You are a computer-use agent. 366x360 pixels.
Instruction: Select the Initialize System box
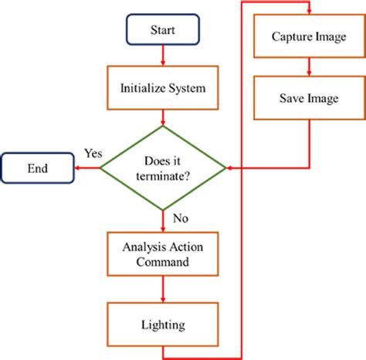(163, 88)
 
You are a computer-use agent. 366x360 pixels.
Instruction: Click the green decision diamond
(163, 167)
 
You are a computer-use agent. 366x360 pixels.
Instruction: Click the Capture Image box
(309, 36)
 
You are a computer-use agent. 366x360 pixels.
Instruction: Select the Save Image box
(309, 99)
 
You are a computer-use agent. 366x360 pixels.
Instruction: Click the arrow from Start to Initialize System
(163, 56)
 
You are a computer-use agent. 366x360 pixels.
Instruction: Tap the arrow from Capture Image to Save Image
(309, 67)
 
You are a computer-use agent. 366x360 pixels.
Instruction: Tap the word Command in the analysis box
(163, 262)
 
